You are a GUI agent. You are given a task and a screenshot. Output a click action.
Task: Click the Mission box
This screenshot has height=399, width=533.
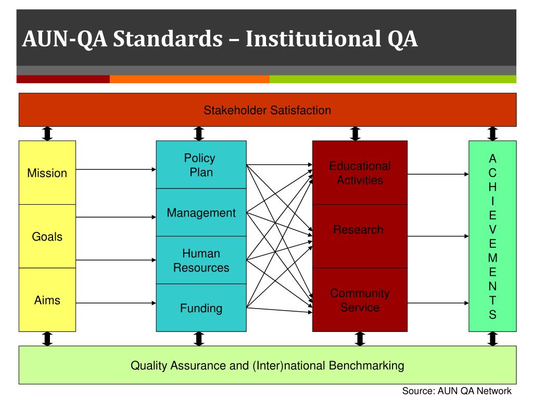(x=47, y=173)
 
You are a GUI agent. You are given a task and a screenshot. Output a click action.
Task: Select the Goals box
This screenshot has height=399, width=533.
(x=47, y=237)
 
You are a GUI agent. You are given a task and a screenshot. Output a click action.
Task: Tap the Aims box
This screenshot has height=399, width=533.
(x=47, y=300)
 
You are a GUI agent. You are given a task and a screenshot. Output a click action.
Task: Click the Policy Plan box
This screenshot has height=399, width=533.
(x=201, y=165)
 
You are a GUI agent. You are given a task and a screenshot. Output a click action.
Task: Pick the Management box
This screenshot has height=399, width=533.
(x=201, y=212)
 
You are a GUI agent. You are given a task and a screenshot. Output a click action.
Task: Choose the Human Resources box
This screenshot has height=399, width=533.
(x=201, y=260)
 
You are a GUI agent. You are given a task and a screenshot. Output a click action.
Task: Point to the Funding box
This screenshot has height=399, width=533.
(x=201, y=308)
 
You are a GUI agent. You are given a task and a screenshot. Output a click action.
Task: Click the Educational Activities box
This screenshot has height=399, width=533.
(x=360, y=173)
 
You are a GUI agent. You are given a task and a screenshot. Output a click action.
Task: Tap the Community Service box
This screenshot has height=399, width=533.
(x=360, y=300)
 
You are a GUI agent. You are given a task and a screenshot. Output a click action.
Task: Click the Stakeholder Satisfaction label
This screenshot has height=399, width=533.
(x=267, y=110)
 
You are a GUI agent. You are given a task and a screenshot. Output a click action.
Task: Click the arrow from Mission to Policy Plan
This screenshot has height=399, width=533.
(x=116, y=169)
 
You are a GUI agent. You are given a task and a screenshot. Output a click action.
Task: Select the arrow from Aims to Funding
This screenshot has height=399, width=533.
(x=116, y=301)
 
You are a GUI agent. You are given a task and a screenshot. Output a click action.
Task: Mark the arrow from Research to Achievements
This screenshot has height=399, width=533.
(x=438, y=236)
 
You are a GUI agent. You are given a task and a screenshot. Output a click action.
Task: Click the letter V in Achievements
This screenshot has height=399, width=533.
(x=493, y=229)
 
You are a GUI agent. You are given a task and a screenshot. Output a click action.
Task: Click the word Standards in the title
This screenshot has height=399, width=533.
(x=172, y=39)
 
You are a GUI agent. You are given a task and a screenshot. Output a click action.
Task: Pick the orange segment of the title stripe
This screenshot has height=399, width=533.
(x=189, y=79)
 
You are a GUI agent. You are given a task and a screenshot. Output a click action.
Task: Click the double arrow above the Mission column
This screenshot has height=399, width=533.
(x=47, y=134)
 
